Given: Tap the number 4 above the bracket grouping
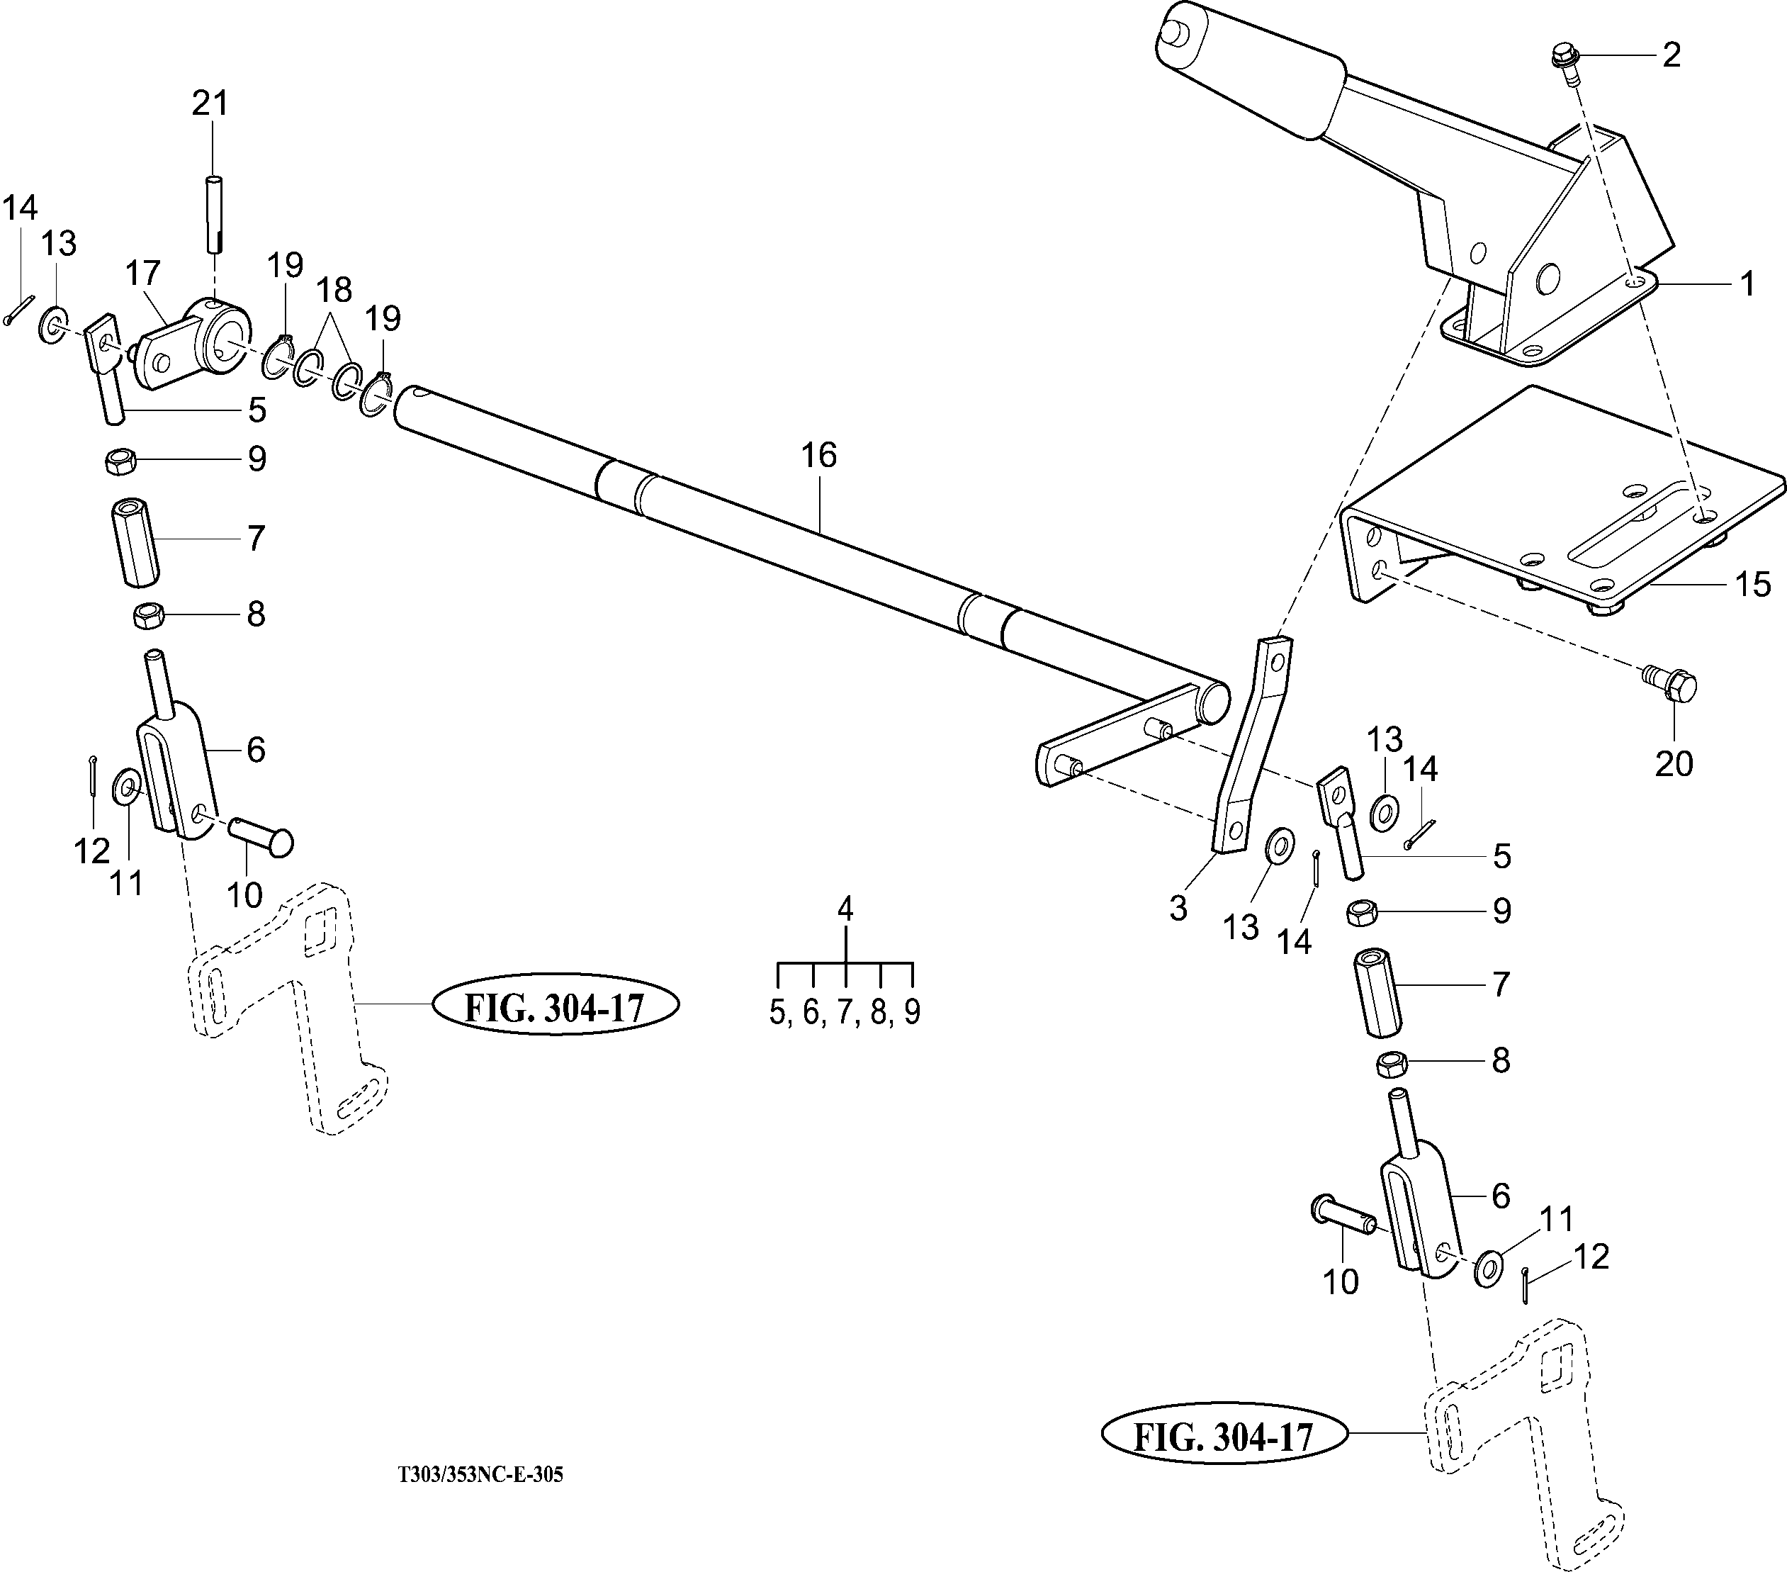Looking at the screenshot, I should click(x=845, y=909).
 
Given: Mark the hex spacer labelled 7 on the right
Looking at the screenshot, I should click(x=1378, y=992).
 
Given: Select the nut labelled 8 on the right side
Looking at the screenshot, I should click(x=1392, y=1064).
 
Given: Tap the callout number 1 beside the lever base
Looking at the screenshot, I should click(x=1747, y=283).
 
